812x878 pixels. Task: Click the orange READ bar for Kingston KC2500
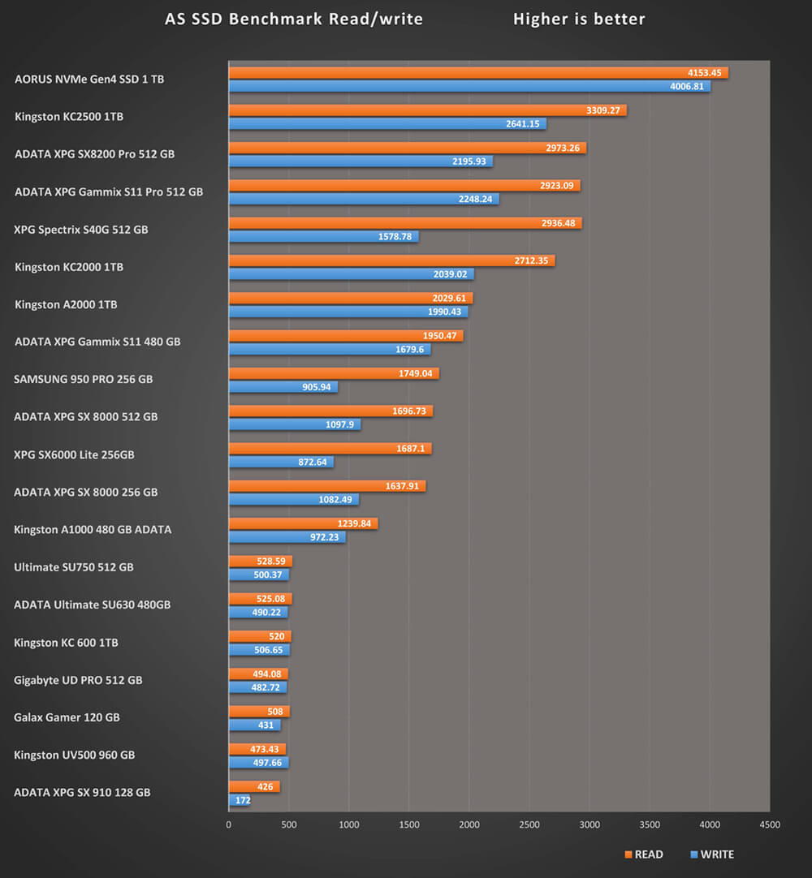click(427, 110)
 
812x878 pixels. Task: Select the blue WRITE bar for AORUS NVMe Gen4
click(469, 86)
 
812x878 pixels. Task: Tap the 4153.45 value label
click(703, 73)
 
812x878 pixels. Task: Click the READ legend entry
click(643, 854)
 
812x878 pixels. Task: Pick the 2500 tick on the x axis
click(529, 825)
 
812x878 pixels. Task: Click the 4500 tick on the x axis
click(770, 825)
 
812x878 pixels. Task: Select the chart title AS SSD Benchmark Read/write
click(294, 19)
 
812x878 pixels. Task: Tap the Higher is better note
click(579, 19)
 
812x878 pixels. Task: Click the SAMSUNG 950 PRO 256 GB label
click(83, 379)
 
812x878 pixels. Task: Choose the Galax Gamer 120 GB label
click(67, 717)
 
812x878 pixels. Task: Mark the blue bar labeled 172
click(240, 800)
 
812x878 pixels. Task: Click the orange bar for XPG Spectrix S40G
click(405, 223)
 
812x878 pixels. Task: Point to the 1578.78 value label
click(395, 237)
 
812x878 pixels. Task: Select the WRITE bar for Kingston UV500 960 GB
click(258, 763)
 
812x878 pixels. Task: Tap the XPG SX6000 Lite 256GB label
click(74, 454)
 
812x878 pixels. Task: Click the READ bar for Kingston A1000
click(303, 523)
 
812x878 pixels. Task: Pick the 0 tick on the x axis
click(228, 825)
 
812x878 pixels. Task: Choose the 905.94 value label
click(317, 387)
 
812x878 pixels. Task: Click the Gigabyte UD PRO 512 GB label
click(78, 680)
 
